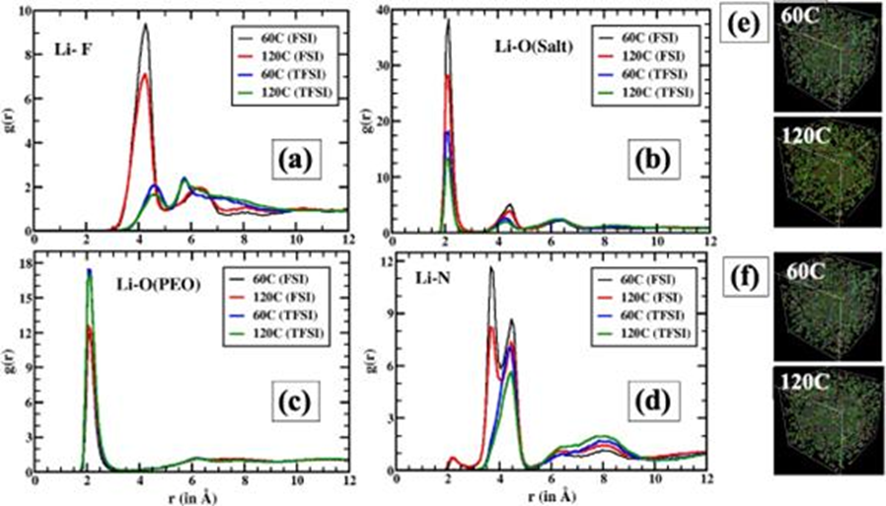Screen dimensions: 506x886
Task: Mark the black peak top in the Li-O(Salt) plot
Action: point(448,21)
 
